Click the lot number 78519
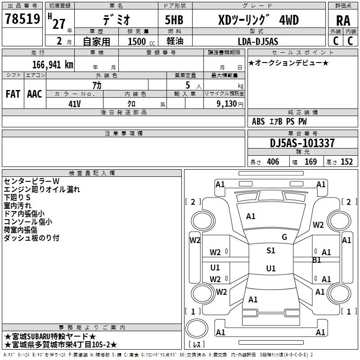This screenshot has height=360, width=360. (22, 18)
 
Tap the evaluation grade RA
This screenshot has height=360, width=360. (343, 21)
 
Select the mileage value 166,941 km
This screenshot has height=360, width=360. (53, 64)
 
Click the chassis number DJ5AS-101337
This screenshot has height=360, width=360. (302, 143)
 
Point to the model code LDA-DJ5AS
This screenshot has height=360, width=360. (258, 41)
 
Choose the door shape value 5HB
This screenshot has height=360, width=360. (174, 20)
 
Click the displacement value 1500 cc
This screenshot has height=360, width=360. (141, 41)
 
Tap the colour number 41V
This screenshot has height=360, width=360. (75, 104)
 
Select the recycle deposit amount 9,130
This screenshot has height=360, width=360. (227, 104)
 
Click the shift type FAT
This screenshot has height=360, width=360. (13, 94)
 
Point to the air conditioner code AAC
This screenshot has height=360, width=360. (35, 94)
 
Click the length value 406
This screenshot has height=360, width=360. (273, 162)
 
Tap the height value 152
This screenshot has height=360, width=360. (346, 162)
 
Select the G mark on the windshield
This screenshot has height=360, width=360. (284, 237)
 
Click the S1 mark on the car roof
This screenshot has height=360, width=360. (271, 250)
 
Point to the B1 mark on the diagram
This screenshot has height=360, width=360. (317, 260)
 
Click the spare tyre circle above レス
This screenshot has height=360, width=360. (197, 328)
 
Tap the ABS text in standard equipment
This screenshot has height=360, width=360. (258, 121)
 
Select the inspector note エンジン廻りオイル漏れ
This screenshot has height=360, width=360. (42, 189)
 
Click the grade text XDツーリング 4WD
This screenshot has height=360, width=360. (258, 20)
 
